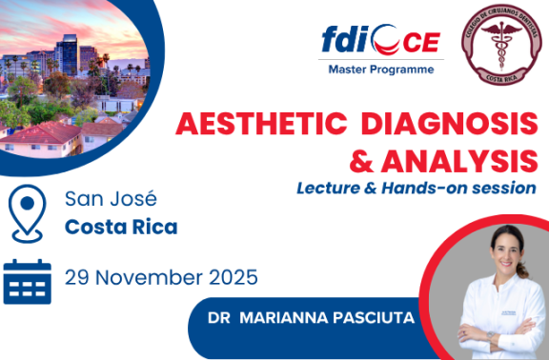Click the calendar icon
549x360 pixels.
coord(27,280)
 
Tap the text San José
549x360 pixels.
coord(111,199)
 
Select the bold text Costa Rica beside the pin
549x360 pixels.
coord(121,228)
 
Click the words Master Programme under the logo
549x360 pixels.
coord(380,70)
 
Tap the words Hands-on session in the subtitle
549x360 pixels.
coord(453,187)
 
